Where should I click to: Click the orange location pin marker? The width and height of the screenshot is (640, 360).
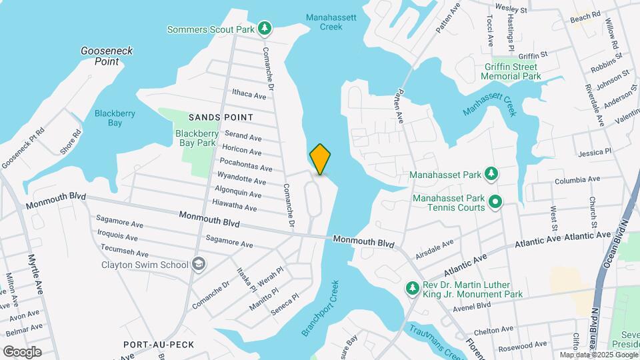click(x=320, y=159)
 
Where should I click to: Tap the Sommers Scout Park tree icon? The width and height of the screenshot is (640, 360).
click(x=265, y=28)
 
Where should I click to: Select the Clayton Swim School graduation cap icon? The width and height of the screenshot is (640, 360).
click(x=198, y=265)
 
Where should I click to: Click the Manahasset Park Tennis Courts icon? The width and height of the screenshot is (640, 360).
click(x=495, y=201)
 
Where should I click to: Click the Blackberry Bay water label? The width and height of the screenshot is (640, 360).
click(x=115, y=118)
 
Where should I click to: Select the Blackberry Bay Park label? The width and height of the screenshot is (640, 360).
click(x=196, y=138)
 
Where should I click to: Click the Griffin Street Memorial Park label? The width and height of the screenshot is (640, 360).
click(x=511, y=72)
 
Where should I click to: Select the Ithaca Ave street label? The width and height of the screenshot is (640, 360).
click(x=249, y=95)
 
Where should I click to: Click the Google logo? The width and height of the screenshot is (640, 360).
click(x=21, y=352)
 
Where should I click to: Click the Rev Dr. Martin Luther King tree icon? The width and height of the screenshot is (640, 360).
click(x=413, y=287)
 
